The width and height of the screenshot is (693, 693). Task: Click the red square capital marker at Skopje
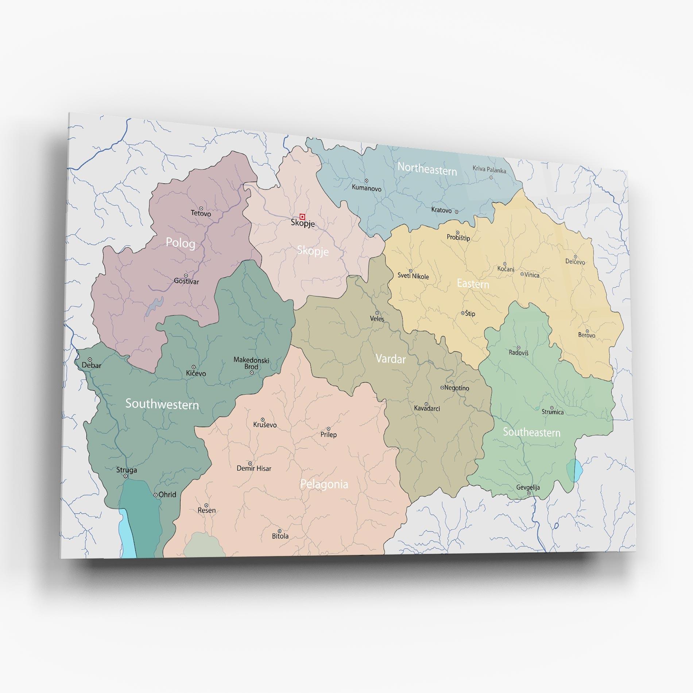[x=302, y=217]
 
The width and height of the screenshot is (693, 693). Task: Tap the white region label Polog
[x=180, y=243]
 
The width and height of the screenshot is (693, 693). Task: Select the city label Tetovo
[x=201, y=213]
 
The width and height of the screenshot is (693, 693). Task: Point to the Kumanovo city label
[x=366, y=188]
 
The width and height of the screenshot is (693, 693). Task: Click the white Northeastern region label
[x=427, y=169]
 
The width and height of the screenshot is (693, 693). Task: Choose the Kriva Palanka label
[x=489, y=170]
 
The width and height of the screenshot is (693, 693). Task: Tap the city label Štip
[x=470, y=313]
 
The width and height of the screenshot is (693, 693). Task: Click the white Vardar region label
[x=390, y=359]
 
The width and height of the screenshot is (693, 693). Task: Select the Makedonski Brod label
[x=251, y=363]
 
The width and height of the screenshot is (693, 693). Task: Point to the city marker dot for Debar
[x=90, y=359]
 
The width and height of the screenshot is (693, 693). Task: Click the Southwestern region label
[x=162, y=404]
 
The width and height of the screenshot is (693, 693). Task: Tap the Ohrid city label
[x=167, y=495]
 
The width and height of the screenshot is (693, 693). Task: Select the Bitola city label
[x=280, y=536]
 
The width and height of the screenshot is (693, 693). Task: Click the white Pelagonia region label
[x=324, y=484]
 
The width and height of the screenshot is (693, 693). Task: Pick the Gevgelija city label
[x=528, y=487]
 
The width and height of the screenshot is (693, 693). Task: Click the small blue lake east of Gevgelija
[x=574, y=471]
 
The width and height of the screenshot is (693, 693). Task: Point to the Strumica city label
[x=552, y=412]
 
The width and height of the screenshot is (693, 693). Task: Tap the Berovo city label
[x=586, y=335]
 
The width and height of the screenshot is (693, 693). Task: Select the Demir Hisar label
[x=254, y=468]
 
